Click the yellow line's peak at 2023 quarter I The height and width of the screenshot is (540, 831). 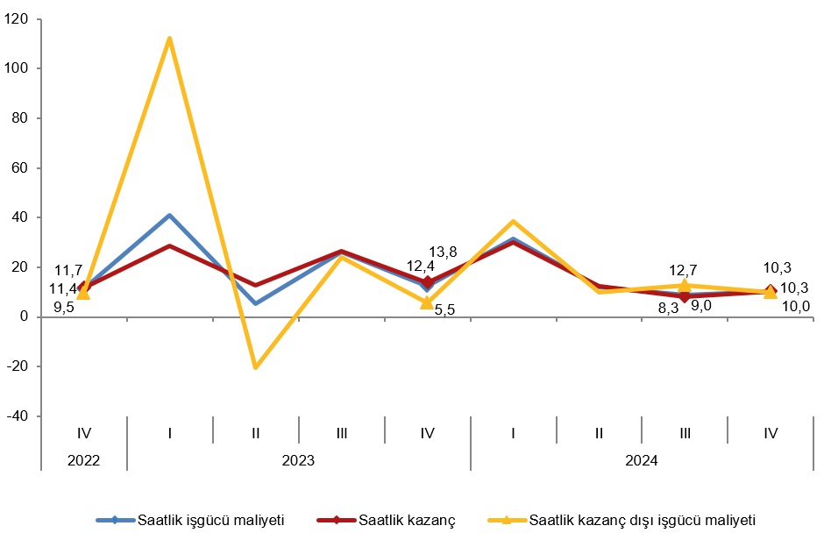point(169,39)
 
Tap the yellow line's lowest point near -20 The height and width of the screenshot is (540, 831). point(255,366)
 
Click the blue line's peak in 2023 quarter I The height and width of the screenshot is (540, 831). point(169,216)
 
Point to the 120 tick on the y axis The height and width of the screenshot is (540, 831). point(17,18)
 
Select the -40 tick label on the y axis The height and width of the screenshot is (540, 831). point(17,416)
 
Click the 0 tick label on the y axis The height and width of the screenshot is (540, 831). point(25,316)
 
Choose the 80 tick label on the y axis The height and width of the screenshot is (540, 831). point(20,117)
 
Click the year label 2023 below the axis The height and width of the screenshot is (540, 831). point(298,459)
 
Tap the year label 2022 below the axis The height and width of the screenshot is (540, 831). point(84,459)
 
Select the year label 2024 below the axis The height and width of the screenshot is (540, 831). point(642,459)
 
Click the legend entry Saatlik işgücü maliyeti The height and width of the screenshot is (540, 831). point(210,520)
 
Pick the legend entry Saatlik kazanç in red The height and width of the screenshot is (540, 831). point(407,520)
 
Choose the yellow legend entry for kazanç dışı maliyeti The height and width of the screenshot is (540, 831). point(643,520)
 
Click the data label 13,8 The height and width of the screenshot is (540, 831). point(442,252)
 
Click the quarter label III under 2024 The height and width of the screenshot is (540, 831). point(685,432)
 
